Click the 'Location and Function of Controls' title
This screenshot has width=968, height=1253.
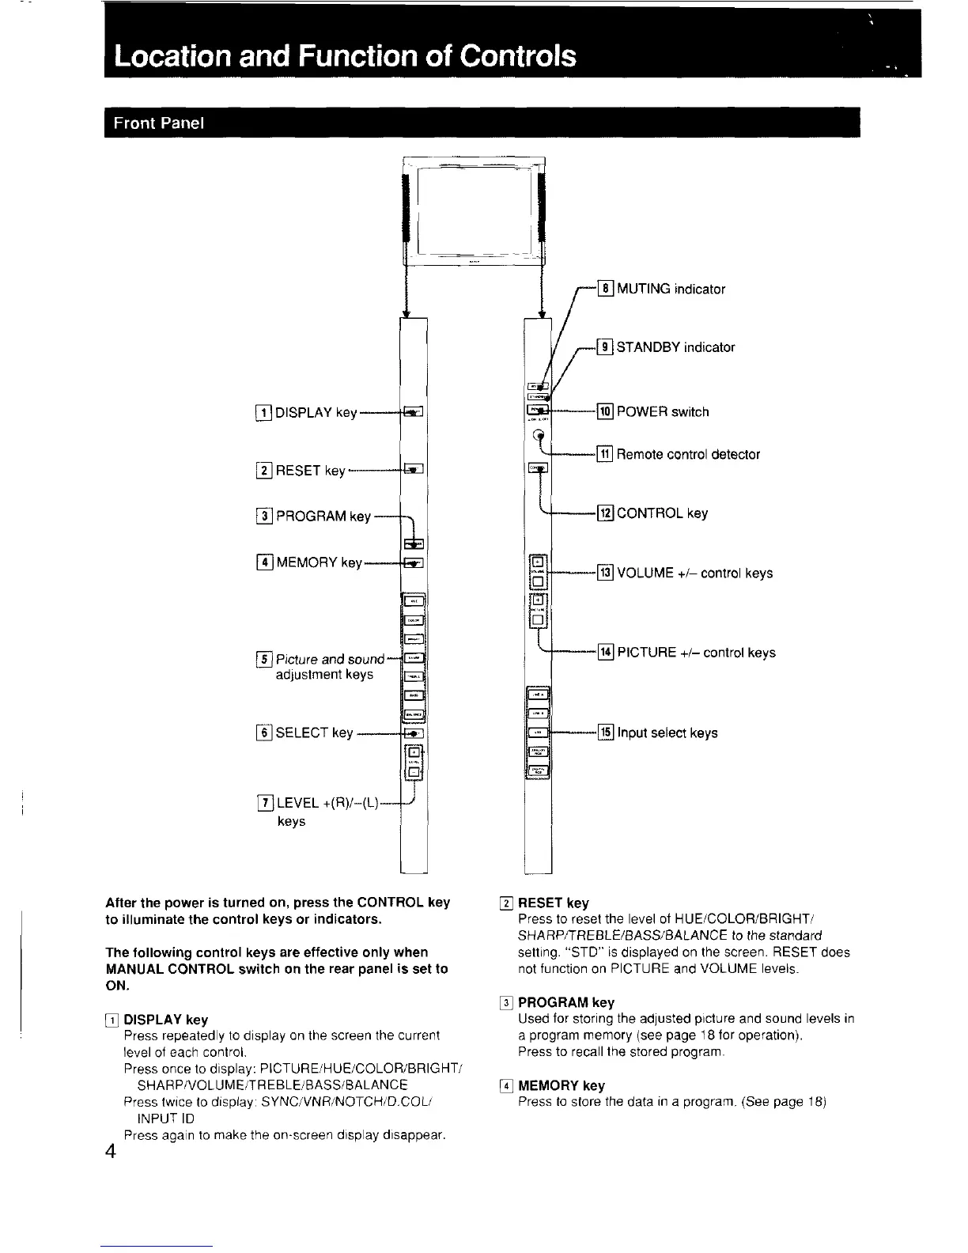pos(345,55)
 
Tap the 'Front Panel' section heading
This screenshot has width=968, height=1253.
pos(159,123)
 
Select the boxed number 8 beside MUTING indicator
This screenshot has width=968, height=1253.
pos(606,289)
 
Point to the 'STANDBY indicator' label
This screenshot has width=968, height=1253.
pos(675,347)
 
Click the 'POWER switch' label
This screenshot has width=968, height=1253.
pos(663,412)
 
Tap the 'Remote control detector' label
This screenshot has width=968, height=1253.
pos(688,455)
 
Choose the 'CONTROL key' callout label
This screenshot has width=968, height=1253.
pos(662,513)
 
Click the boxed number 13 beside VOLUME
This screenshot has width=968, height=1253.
pos(606,573)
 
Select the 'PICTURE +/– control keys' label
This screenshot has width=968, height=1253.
pos(696,653)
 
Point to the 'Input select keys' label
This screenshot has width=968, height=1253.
pos(667,733)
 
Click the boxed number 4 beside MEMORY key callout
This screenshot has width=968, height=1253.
pos(264,563)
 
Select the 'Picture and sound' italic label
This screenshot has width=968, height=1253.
pos(330,659)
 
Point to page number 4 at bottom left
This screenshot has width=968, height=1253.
pos(112,1151)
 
